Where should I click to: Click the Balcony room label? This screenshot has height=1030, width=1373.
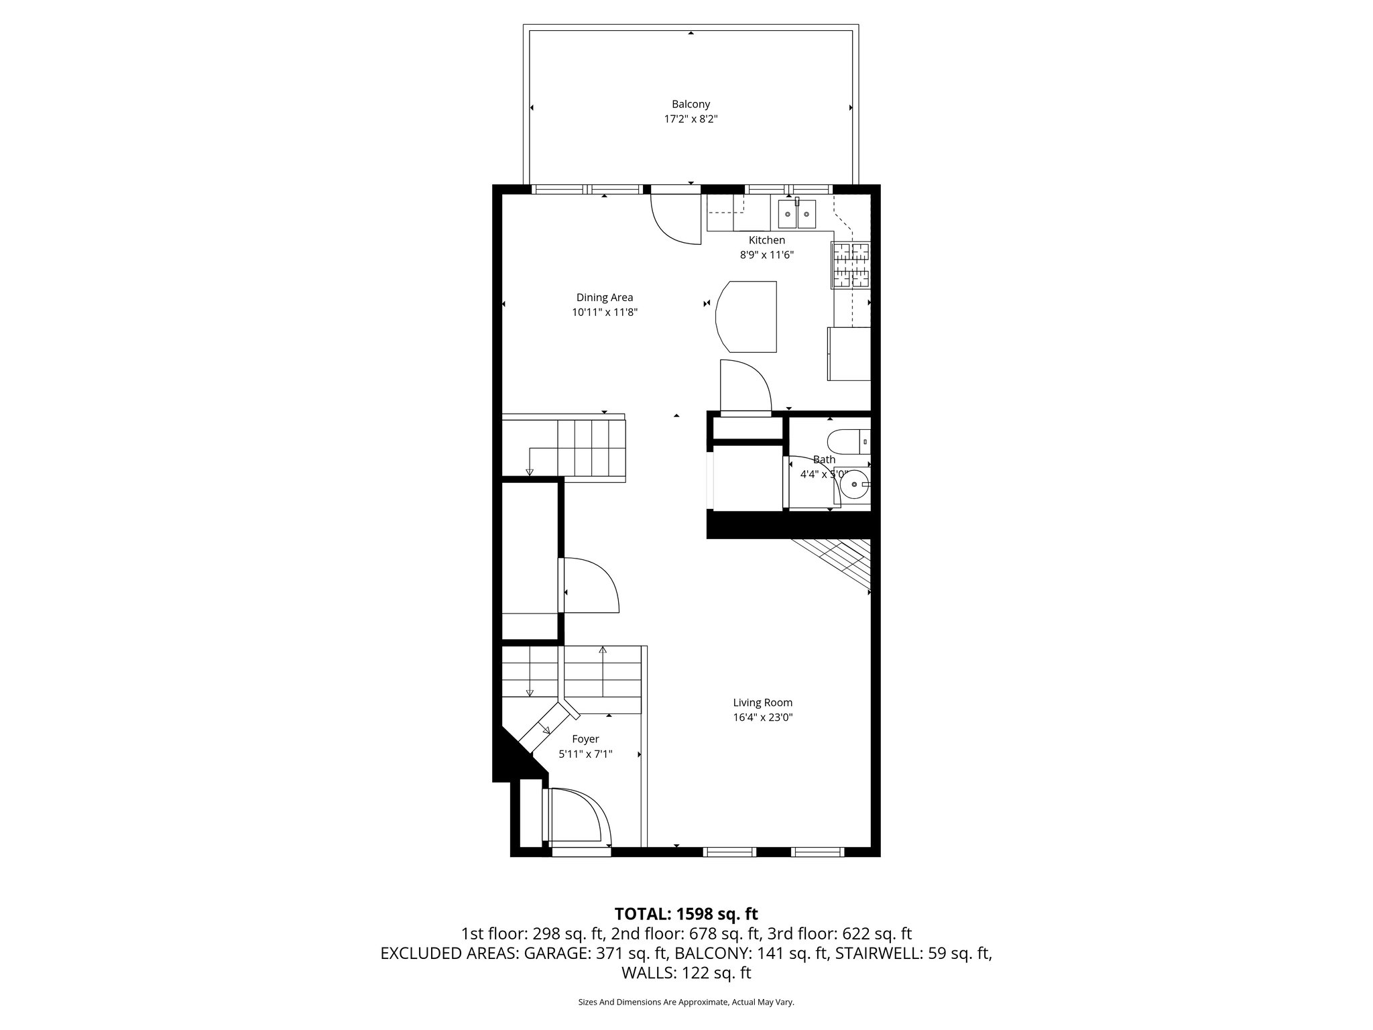pyautogui.click(x=691, y=105)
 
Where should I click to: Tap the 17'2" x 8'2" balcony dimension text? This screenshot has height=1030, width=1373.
pyautogui.click(x=691, y=119)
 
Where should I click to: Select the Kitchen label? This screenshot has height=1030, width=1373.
pyautogui.click(x=766, y=240)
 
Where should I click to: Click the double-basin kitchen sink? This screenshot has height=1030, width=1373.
pyautogui.click(x=797, y=215)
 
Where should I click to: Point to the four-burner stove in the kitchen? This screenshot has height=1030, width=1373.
pyautogui.click(x=851, y=264)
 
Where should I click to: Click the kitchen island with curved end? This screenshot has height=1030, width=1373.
pyautogui.click(x=747, y=317)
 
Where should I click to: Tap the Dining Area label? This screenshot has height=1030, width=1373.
pyautogui.click(x=604, y=298)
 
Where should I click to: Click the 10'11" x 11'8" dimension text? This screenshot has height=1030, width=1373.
pyautogui.click(x=604, y=312)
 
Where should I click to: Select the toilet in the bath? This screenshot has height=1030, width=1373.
pyautogui.click(x=847, y=443)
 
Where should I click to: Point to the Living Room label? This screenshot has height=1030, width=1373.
pyautogui.click(x=762, y=703)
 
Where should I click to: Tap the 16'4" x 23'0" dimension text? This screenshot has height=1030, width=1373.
pyautogui.click(x=762, y=718)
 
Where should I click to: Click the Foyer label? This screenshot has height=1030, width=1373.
pyautogui.click(x=585, y=739)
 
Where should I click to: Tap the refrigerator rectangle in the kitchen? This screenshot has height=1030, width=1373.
pyautogui.click(x=849, y=353)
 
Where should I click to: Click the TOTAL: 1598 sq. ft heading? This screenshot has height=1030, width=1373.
pyautogui.click(x=686, y=914)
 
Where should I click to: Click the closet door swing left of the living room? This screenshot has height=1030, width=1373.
pyautogui.click(x=589, y=585)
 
